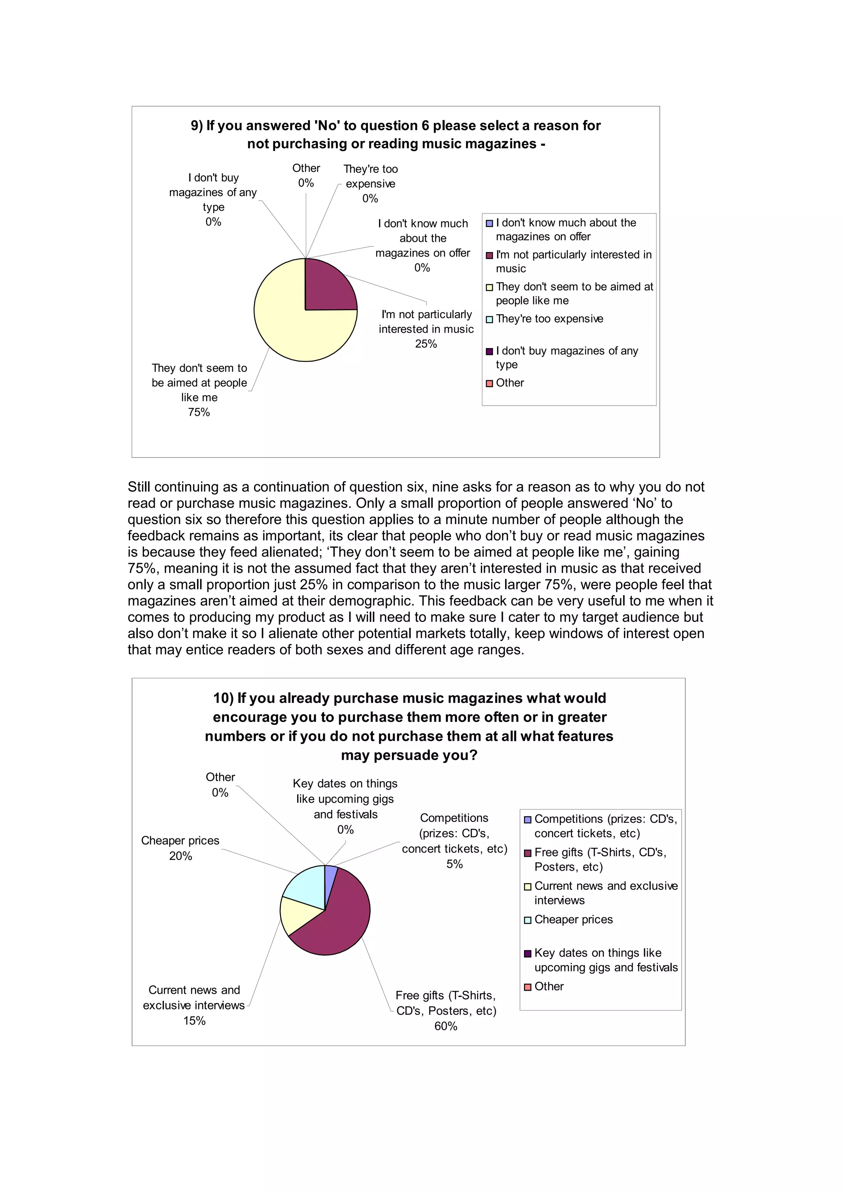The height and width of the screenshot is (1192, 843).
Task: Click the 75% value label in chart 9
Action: click(x=199, y=412)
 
